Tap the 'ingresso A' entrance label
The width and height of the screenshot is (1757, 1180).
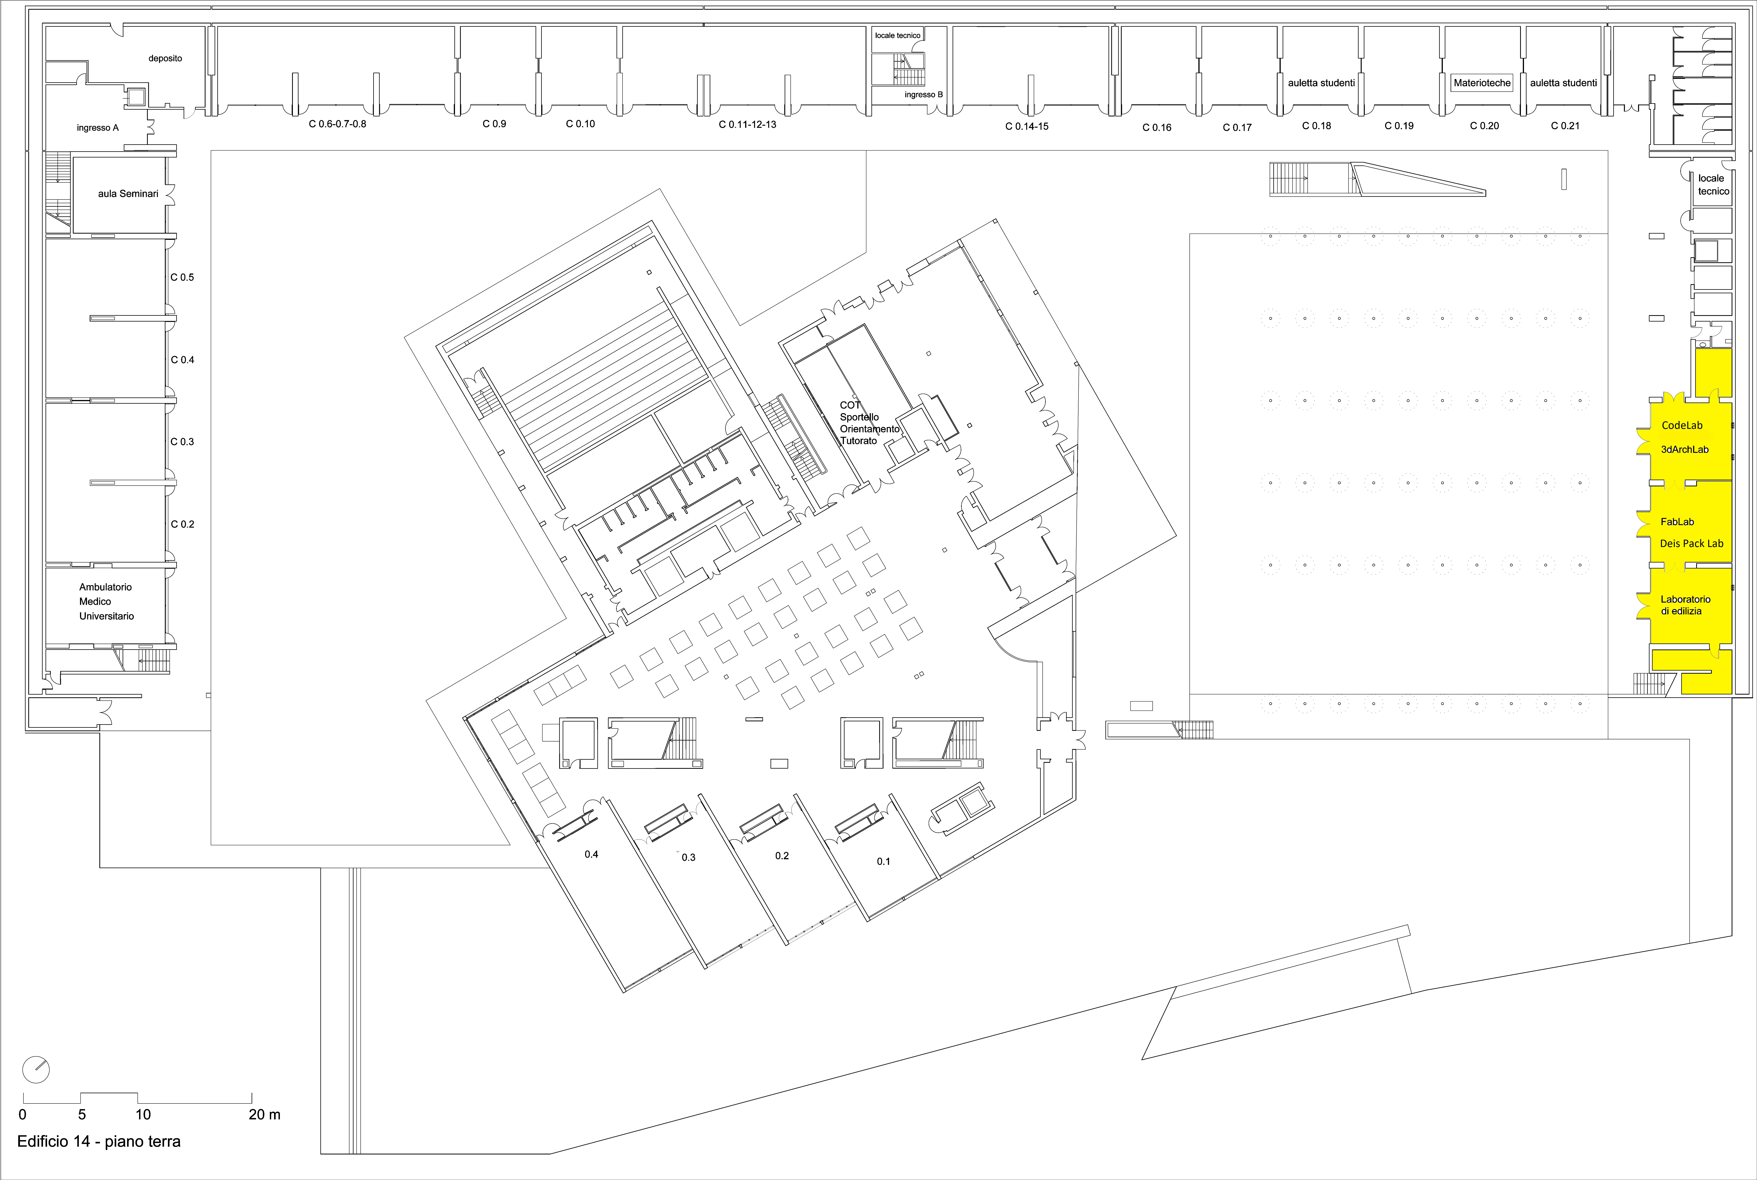pos(98,128)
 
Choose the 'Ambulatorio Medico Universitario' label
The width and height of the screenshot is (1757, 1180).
pos(106,601)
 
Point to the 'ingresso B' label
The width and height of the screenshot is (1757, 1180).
pos(923,95)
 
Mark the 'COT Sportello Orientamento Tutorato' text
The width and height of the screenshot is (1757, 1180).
pos(869,423)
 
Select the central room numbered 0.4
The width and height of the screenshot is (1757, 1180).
pos(591,854)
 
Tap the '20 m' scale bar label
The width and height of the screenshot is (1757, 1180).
pos(264,1115)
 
